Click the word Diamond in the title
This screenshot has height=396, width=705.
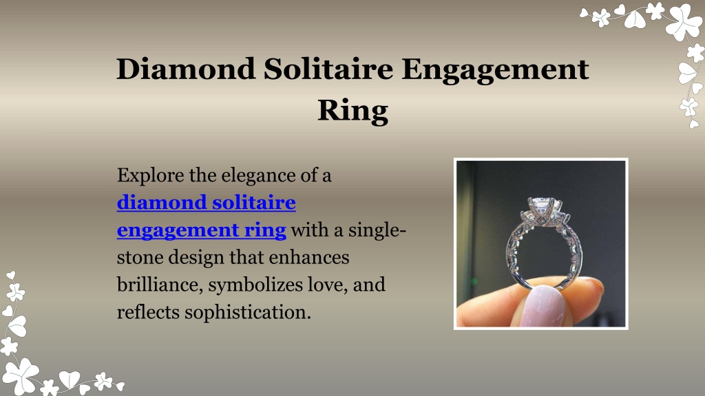point(186,69)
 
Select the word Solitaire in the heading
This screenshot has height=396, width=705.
point(328,69)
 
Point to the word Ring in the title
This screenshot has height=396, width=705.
point(352,111)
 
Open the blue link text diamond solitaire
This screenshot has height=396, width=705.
point(207,203)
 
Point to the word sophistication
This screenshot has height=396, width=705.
point(248,313)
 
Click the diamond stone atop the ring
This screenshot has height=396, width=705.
point(544,207)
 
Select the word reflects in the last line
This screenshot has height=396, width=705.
point(148,312)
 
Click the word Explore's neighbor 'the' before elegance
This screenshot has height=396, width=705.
point(202,175)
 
